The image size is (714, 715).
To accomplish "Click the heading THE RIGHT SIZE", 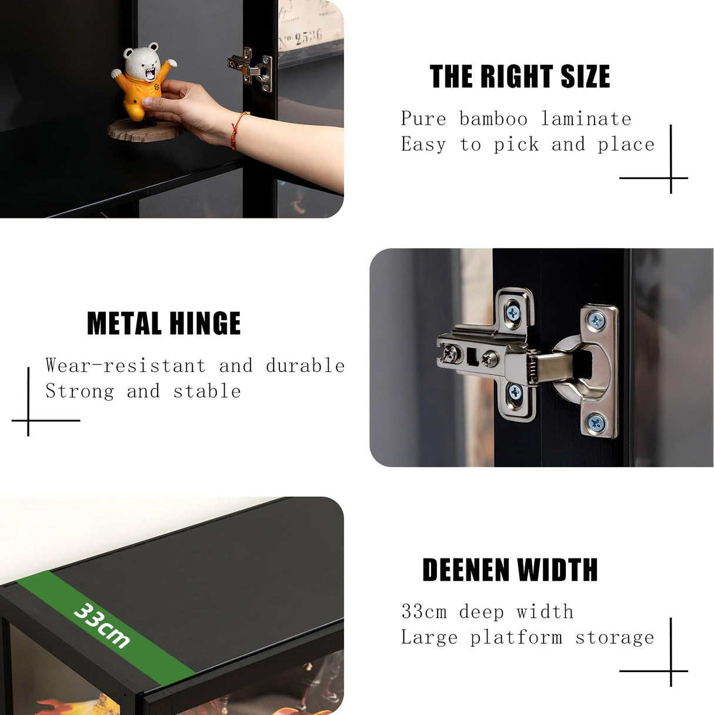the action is (520, 76).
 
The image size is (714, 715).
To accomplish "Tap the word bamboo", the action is (493, 119).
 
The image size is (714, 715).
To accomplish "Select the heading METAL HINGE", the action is (164, 323).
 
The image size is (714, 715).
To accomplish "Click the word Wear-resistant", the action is (125, 365).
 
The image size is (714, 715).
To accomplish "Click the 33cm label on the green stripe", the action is (101, 626).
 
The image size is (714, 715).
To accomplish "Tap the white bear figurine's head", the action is (142, 62).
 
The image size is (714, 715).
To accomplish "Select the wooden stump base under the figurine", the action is (145, 130).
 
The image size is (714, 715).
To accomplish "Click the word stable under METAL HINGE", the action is (207, 391).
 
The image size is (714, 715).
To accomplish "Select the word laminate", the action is (586, 119).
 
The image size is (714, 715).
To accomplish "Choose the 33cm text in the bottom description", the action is (424, 611).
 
